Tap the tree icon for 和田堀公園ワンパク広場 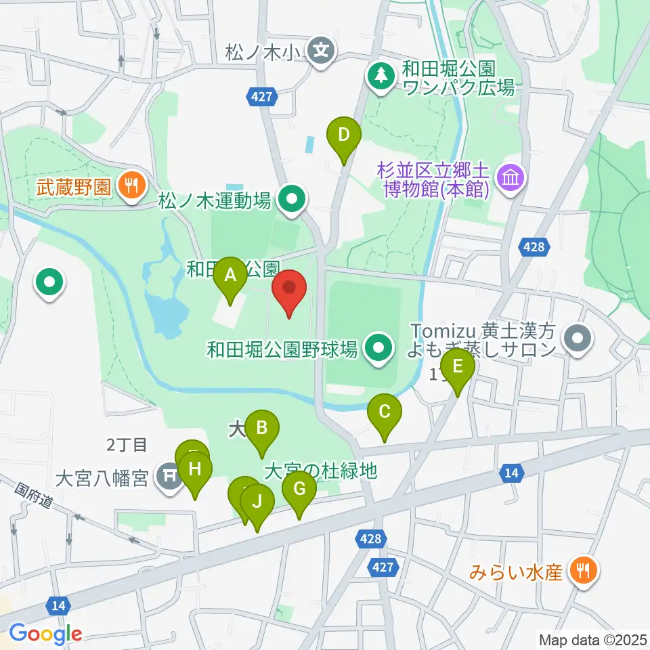click(381, 74)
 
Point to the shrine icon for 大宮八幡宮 click(168, 477)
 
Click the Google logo click(46, 634)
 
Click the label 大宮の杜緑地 click(320, 471)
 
